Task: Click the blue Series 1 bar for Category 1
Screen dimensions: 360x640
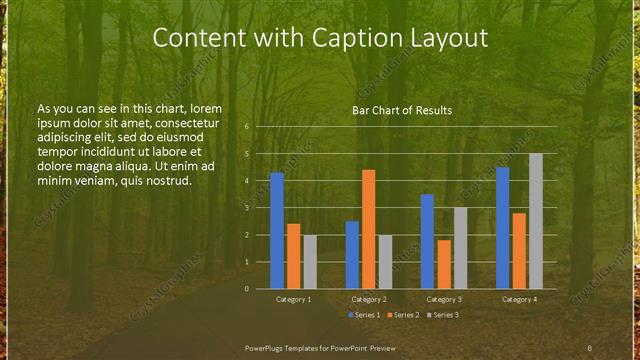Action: (x=277, y=231)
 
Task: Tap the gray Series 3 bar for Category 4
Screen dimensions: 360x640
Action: (x=536, y=221)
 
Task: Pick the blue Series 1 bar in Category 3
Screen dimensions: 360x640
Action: (x=427, y=241)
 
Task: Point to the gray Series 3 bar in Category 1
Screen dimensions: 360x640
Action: (x=310, y=262)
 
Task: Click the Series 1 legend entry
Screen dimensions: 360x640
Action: (x=365, y=314)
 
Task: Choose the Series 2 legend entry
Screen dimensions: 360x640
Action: (x=403, y=314)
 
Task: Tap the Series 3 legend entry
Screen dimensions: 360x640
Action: (x=441, y=314)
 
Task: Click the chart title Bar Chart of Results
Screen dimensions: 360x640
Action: (x=402, y=110)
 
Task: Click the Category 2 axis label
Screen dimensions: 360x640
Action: (x=368, y=299)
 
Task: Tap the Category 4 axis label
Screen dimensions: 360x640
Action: (x=519, y=299)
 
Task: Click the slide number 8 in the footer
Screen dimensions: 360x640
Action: (x=589, y=347)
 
